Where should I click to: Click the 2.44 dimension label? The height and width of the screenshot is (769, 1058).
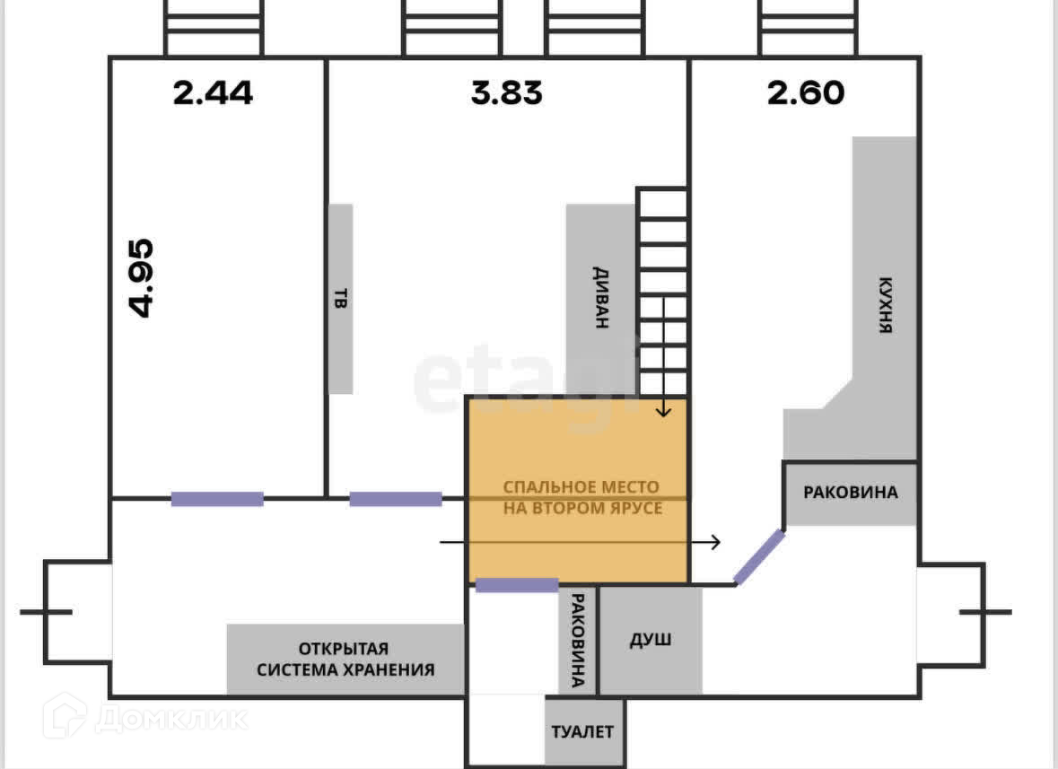(x=214, y=92)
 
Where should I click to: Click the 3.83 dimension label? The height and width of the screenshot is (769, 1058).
(x=507, y=92)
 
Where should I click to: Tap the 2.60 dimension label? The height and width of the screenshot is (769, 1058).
(x=806, y=92)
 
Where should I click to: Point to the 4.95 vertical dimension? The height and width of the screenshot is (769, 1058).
(x=142, y=278)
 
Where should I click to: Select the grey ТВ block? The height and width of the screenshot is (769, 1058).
(x=340, y=298)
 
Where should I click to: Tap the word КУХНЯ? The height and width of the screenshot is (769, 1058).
(x=885, y=304)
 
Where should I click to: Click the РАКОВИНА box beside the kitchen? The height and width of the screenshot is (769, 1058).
(x=850, y=493)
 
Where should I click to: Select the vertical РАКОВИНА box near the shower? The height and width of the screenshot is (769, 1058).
(x=578, y=640)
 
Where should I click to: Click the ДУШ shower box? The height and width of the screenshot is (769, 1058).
(x=650, y=641)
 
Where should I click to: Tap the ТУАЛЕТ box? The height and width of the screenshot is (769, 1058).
(x=582, y=731)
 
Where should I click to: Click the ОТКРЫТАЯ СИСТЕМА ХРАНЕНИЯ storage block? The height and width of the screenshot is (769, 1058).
(x=345, y=659)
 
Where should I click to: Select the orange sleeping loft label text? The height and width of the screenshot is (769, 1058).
(x=581, y=498)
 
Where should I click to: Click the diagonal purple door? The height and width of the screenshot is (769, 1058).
(x=759, y=557)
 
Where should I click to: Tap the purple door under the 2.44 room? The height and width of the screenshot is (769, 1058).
(x=217, y=499)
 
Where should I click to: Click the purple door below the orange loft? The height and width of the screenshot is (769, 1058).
(x=516, y=586)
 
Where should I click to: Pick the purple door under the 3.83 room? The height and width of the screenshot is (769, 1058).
(x=395, y=499)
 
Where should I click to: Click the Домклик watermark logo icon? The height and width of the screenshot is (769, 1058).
(x=66, y=716)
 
